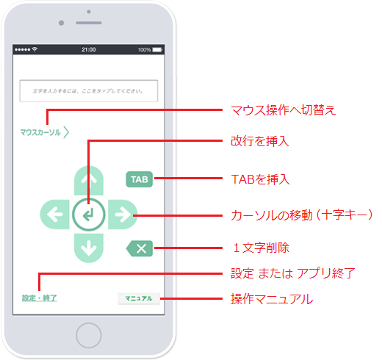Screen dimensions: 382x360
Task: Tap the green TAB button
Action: point(140,179)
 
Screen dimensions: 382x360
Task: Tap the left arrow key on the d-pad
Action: point(55,215)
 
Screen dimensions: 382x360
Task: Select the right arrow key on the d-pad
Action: point(123,215)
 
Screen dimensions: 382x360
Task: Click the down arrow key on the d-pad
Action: point(89,248)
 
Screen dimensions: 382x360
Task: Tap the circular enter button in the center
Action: point(89,215)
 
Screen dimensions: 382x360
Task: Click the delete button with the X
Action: point(140,248)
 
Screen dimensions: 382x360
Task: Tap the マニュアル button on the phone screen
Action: point(139,298)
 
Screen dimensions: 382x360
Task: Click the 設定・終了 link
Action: point(40,298)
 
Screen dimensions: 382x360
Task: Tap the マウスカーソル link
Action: point(45,132)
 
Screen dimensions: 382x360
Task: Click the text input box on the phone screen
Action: point(89,91)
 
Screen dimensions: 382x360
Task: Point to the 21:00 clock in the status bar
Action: point(89,50)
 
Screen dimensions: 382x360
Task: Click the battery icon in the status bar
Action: point(157,50)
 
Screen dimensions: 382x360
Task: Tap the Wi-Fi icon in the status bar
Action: point(35,49)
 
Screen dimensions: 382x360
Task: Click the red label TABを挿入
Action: point(260,179)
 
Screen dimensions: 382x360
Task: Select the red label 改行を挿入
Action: point(260,141)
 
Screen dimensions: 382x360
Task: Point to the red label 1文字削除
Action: point(261,248)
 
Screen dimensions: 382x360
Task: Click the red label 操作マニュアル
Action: point(272,299)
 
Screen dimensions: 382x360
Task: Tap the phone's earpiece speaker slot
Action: point(89,23)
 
